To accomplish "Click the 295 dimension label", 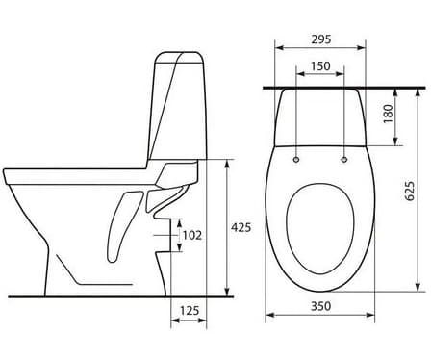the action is (x=321, y=39).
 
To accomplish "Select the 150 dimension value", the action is (x=320, y=66).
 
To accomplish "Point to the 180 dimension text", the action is (x=388, y=114).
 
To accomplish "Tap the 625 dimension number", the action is (x=410, y=192).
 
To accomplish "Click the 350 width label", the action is (x=320, y=306).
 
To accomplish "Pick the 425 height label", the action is (x=241, y=227).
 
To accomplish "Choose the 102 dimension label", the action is (x=192, y=236).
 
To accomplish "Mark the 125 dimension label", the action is (x=190, y=311).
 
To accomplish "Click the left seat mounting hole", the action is (x=296, y=160).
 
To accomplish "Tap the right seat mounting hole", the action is (x=344, y=160).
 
